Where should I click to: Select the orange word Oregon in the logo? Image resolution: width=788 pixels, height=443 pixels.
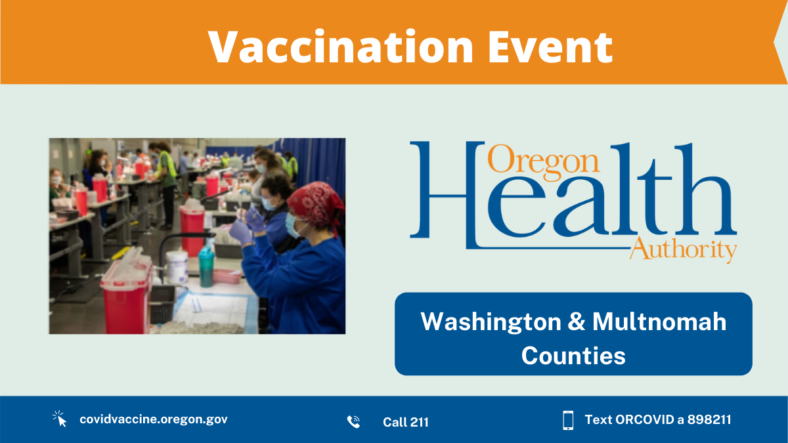[x=543, y=159]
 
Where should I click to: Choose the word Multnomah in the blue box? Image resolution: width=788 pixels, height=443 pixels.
[x=659, y=322]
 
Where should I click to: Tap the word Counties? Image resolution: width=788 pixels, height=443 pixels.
[x=573, y=356]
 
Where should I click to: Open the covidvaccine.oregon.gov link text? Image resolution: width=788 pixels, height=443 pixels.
[x=154, y=419]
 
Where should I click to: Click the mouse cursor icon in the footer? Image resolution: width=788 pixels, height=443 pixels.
[x=60, y=419]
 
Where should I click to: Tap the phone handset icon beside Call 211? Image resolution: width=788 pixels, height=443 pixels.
[x=353, y=421]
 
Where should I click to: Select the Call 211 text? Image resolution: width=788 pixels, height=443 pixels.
[x=406, y=422]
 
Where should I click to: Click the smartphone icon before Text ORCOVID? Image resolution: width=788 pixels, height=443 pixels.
[x=568, y=420]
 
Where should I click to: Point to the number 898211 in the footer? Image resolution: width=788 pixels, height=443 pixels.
[x=709, y=420]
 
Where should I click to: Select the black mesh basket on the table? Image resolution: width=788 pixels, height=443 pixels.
[x=162, y=304]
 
